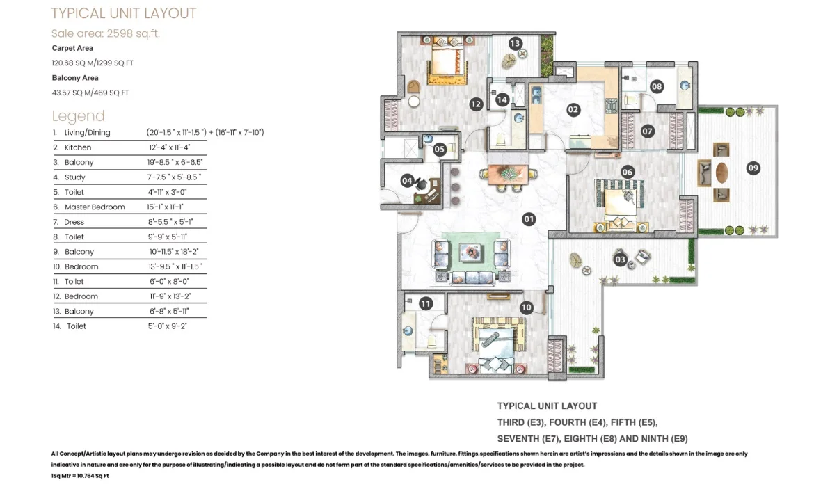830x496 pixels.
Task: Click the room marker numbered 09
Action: (x=753, y=168)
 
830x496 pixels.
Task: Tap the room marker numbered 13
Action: (x=515, y=43)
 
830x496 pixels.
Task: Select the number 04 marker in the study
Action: (x=406, y=180)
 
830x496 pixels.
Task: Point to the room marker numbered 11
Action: (x=426, y=303)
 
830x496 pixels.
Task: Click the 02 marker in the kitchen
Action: (x=573, y=110)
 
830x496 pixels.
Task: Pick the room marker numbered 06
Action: (x=628, y=172)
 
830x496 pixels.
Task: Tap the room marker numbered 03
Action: (x=620, y=259)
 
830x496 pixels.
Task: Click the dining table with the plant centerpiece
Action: (x=508, y=175)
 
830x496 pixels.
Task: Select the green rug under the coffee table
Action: (x=471, y=253)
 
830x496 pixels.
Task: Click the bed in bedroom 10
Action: (x=497, y=344)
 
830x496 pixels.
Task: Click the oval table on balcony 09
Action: (x=721, y=173)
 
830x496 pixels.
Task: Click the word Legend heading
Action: (x=79, y=116)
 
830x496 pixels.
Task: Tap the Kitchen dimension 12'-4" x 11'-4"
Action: (x=169, y=147)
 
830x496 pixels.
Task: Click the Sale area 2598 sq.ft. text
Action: (x=105, y=33)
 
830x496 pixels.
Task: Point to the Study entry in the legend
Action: (x=74, y=177)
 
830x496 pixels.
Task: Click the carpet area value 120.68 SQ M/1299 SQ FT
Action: (x=93, y=63)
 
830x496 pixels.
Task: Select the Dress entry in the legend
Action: (x=74, y=222)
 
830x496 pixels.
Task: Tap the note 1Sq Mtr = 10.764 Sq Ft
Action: (x=80, y=476)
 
